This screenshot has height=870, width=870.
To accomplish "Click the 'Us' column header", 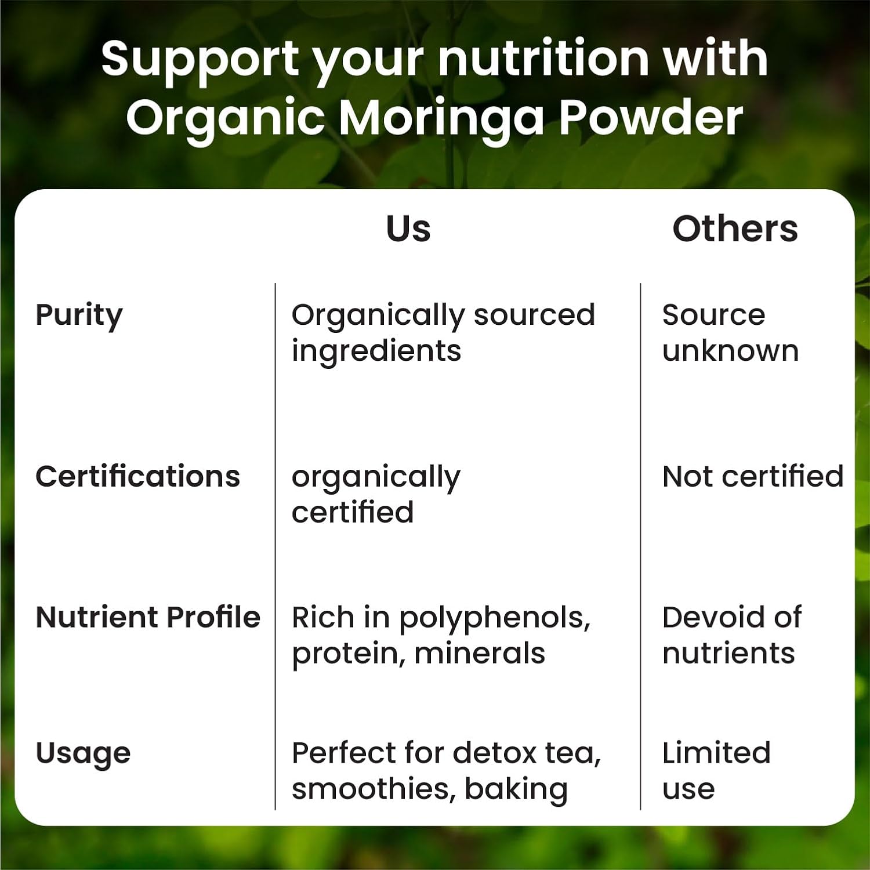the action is pyautogui.click(x=408, y=229).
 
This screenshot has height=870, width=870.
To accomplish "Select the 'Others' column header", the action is pyautogui.click(x=735, y=229).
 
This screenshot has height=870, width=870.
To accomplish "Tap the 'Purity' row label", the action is pyautogui.click(x=79, y=317).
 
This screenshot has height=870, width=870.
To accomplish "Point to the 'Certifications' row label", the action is pyautogui.click(x=138, y=477).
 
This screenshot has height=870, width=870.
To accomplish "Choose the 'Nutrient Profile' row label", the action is pyautogui.click(x=148, y=617).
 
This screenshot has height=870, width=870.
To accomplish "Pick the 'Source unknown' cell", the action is pyautogui.click(x=731, y=333).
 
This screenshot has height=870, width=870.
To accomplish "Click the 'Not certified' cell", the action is pyautogui.click(x=753, y=477).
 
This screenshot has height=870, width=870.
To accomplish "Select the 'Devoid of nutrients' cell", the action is pyautogui.click(x=732, y=635).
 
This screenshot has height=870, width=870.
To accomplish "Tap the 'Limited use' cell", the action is pyautogui.click(x=716, y=771).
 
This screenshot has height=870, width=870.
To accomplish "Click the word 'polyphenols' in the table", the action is pyautogui.click(x=495, y=619).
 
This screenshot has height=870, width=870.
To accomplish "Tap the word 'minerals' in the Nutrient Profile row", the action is pyautogui.click(x=480, y=653).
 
